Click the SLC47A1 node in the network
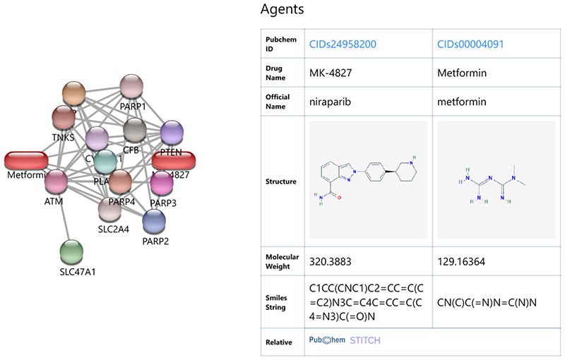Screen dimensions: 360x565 [x=71, y=251]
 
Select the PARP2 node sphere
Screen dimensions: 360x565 [x=155, y=221]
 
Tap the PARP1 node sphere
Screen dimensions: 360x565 [x=132, y=88]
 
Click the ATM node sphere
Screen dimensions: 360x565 [x=56, y=182]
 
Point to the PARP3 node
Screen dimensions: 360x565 [x=162, y=183]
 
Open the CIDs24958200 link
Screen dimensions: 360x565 [x=343, y=44]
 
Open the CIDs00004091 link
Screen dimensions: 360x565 [x=470, y=44]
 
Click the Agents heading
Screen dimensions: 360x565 [x=282, y=10]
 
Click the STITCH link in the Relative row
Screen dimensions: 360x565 [x=365, y=340]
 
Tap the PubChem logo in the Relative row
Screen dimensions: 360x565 [x=327, y=340]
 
